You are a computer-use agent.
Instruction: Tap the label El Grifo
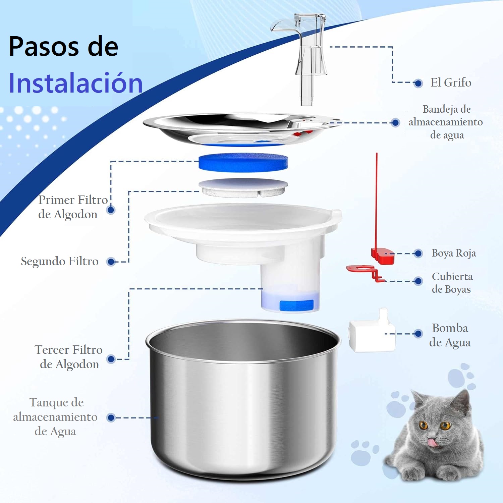click(451, 82)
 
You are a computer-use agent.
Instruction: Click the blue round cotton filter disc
click(243, 163)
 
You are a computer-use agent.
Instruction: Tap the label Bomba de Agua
click(450, 335)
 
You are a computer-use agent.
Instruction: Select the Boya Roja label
click(454, 253)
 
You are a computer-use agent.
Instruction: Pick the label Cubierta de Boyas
click(452, 283)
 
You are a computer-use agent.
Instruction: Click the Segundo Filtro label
click(60, 261)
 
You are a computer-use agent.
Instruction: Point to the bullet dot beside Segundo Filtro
click(111, 262)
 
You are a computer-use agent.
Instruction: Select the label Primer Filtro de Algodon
click(72, 207)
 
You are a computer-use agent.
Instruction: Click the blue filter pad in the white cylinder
click(296, 305)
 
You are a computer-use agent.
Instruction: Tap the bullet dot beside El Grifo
click(418, 83)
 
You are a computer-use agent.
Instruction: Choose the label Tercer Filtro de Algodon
click(69, 357)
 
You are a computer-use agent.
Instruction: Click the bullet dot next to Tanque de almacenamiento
click(111, 418)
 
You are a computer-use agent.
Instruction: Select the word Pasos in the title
click(44, 46)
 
